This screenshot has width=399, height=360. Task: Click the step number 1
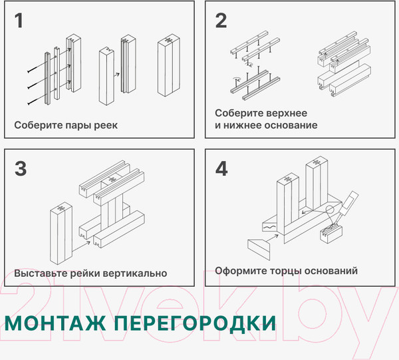(19, 21)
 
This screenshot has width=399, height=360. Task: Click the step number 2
(221, 21)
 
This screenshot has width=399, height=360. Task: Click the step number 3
(21, 169)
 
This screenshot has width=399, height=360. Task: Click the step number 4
(221, 169)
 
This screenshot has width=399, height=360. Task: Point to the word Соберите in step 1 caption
(36, 125)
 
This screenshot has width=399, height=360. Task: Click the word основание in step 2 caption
(290, 125)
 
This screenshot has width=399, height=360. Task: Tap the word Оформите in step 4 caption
(240, 271)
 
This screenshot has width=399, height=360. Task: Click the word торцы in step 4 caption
(286, 271)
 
